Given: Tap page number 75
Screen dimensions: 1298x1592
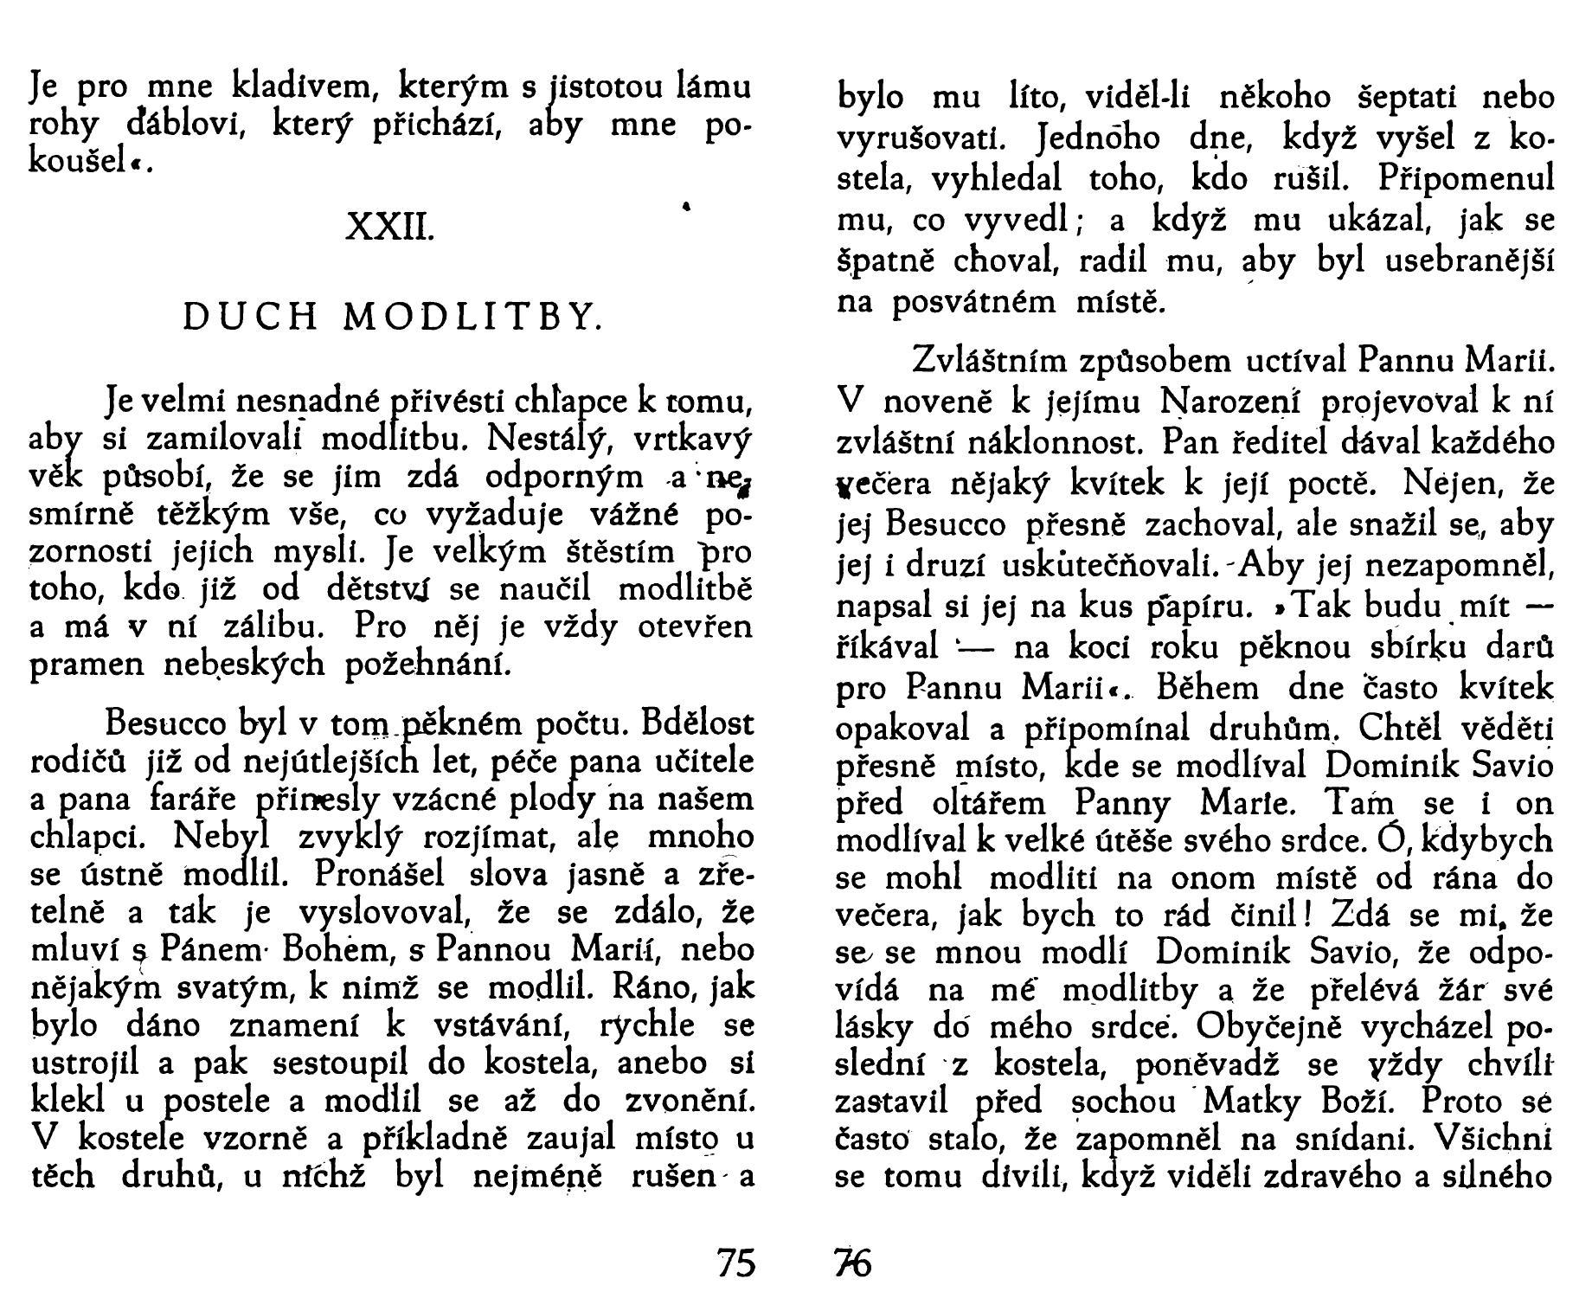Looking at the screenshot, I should point(736,1264).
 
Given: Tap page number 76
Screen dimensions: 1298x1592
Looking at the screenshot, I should point(853,1264).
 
